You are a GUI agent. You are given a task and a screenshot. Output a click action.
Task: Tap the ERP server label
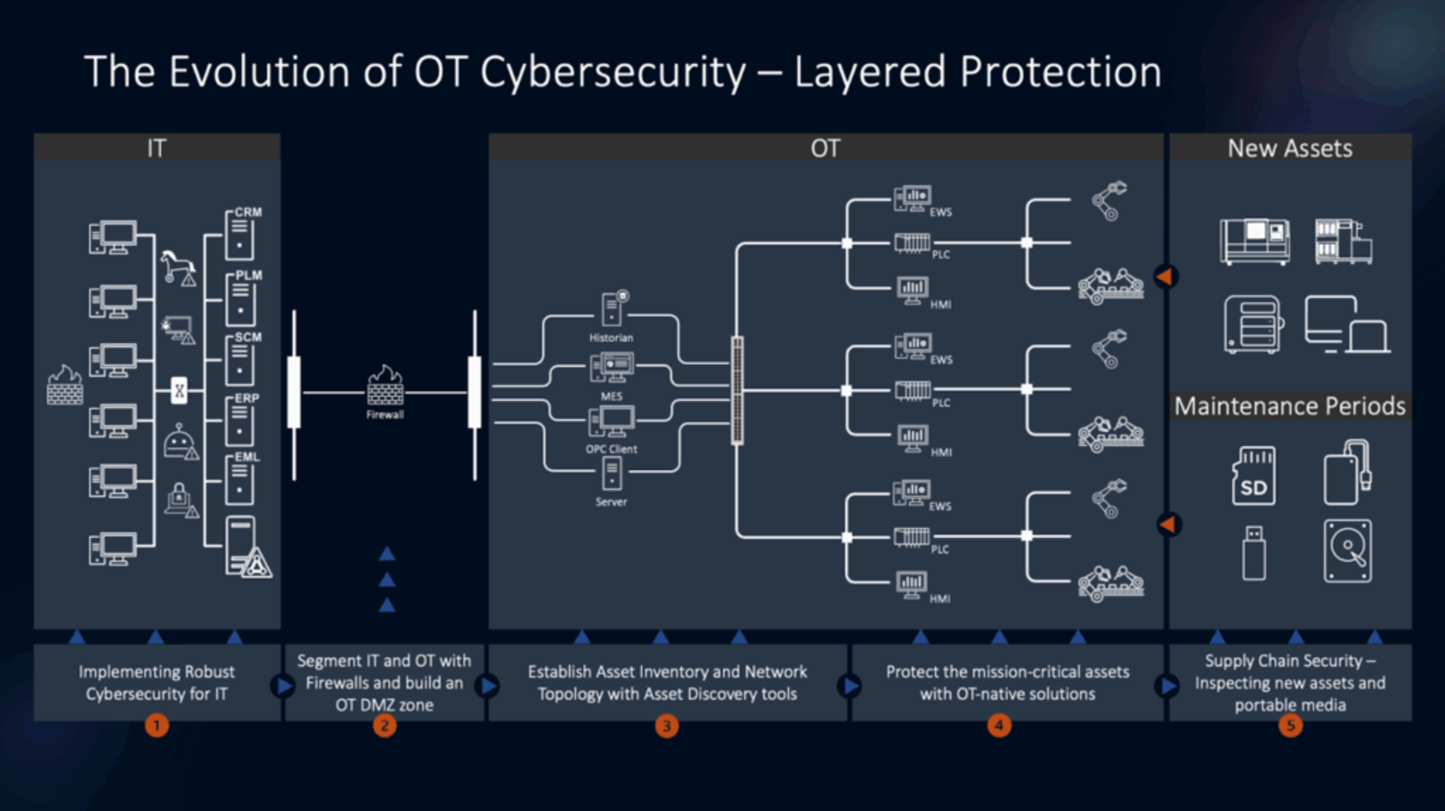point(247,398)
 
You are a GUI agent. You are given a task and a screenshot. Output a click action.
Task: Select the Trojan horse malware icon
point(178,266)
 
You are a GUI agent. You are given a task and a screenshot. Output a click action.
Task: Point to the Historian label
point(611,338)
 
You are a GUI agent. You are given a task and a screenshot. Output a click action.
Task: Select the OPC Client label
point(611,449)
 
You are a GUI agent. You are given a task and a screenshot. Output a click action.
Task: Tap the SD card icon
point(1254,476)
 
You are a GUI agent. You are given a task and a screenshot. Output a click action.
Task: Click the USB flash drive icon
point(1254,553)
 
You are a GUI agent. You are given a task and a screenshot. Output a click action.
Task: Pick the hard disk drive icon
point(1347,551)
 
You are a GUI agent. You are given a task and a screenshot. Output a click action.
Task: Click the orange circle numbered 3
point(666,726)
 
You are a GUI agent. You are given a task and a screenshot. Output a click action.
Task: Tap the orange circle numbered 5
point(1290,725)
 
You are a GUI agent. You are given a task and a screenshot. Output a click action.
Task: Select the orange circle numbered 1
point(157,725)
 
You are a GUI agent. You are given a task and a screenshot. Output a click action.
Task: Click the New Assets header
point(1290,148)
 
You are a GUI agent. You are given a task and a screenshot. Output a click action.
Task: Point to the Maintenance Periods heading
point(1290,406)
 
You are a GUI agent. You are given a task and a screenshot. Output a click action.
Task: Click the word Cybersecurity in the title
point(613,72)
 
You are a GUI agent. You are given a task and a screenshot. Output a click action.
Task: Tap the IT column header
point(157,148)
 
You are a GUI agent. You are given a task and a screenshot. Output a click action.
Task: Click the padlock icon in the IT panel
point(179,497)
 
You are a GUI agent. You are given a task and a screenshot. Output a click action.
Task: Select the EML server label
point(247,457)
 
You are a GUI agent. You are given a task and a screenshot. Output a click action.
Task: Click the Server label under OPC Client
point(611,502)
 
